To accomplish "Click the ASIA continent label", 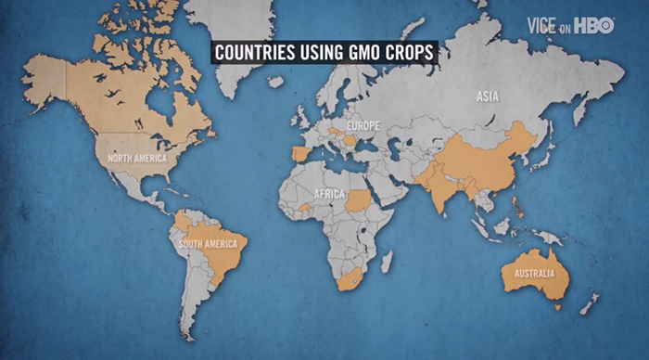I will [x=489, y=96].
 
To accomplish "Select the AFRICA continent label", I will [x=329, y=195].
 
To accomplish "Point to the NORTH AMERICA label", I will [x=137, y=159].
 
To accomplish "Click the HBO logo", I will [x=593, y=25].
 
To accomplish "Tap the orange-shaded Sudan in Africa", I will [x=360, y=199].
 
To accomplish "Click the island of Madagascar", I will [x=387, y=262].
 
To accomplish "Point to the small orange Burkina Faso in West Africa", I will [x=305, y=205].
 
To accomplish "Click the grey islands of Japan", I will [x=546, y=150].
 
